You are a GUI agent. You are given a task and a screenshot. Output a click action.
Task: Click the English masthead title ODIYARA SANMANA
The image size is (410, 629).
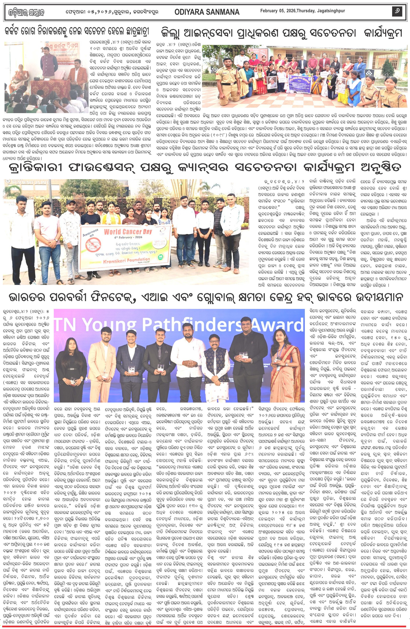click(207, 12)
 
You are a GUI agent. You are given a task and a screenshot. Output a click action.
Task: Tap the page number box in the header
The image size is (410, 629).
click(397, 11)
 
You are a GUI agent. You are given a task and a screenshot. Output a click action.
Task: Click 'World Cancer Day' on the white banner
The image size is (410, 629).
click(128, 232)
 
